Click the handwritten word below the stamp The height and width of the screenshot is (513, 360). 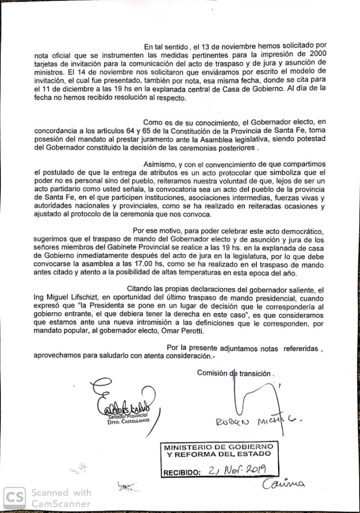(284, 484)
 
